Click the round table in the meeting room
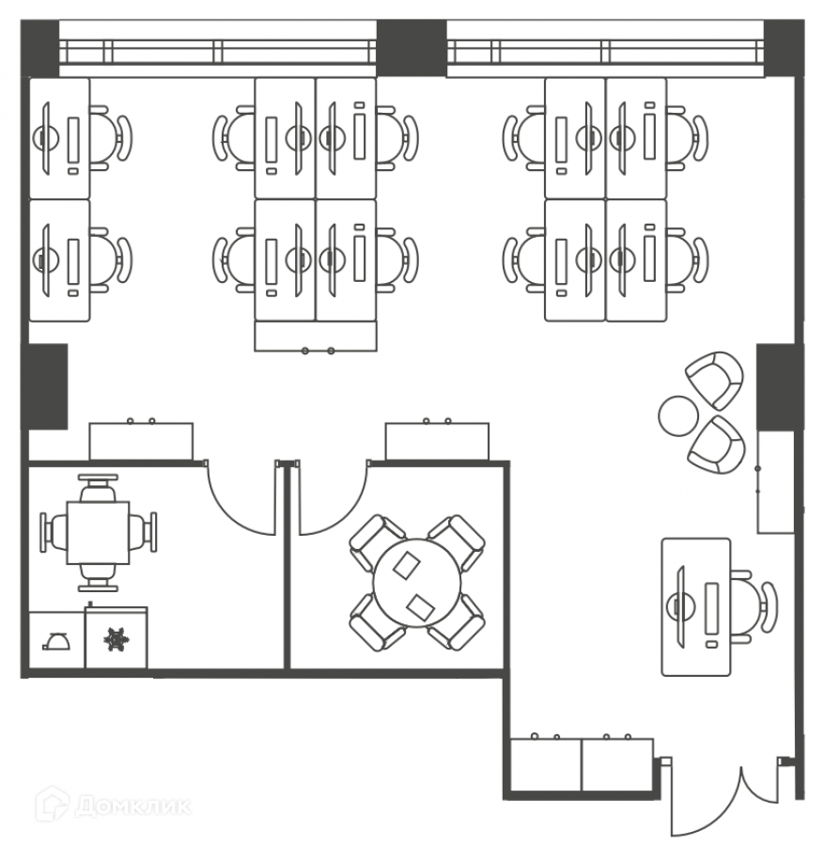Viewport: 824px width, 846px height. (417, 583)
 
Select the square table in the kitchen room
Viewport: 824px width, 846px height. (98, 532)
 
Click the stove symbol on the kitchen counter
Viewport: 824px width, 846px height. (117, 639)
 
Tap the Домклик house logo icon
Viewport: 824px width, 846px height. (52, 805)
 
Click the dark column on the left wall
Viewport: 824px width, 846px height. (44, 386)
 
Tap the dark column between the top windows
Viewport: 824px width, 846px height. (411, 47)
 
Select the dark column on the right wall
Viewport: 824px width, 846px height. (779, 386)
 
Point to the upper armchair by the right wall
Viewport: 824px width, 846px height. (716, 377)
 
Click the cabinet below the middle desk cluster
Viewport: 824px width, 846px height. (316, 337)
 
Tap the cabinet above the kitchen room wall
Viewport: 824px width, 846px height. (141, 441)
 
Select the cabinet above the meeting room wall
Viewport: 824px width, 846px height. (437, 441)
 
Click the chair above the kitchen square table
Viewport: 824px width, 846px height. (98, 489)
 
